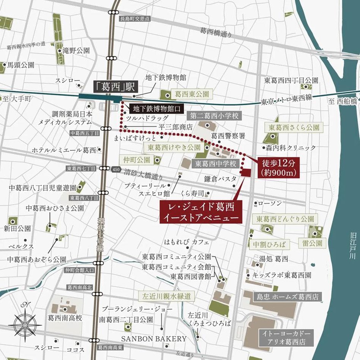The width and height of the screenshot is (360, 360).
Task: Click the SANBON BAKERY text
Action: pyautogui.click(x=154, y=338)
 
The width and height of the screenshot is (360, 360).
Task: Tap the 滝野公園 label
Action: pyautogui.click(x=76, y=50)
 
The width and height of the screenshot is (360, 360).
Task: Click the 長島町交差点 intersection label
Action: pyautogui.click(x=135, y=18)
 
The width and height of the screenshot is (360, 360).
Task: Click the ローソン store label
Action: pyautogui.click(x=270, y=204)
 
